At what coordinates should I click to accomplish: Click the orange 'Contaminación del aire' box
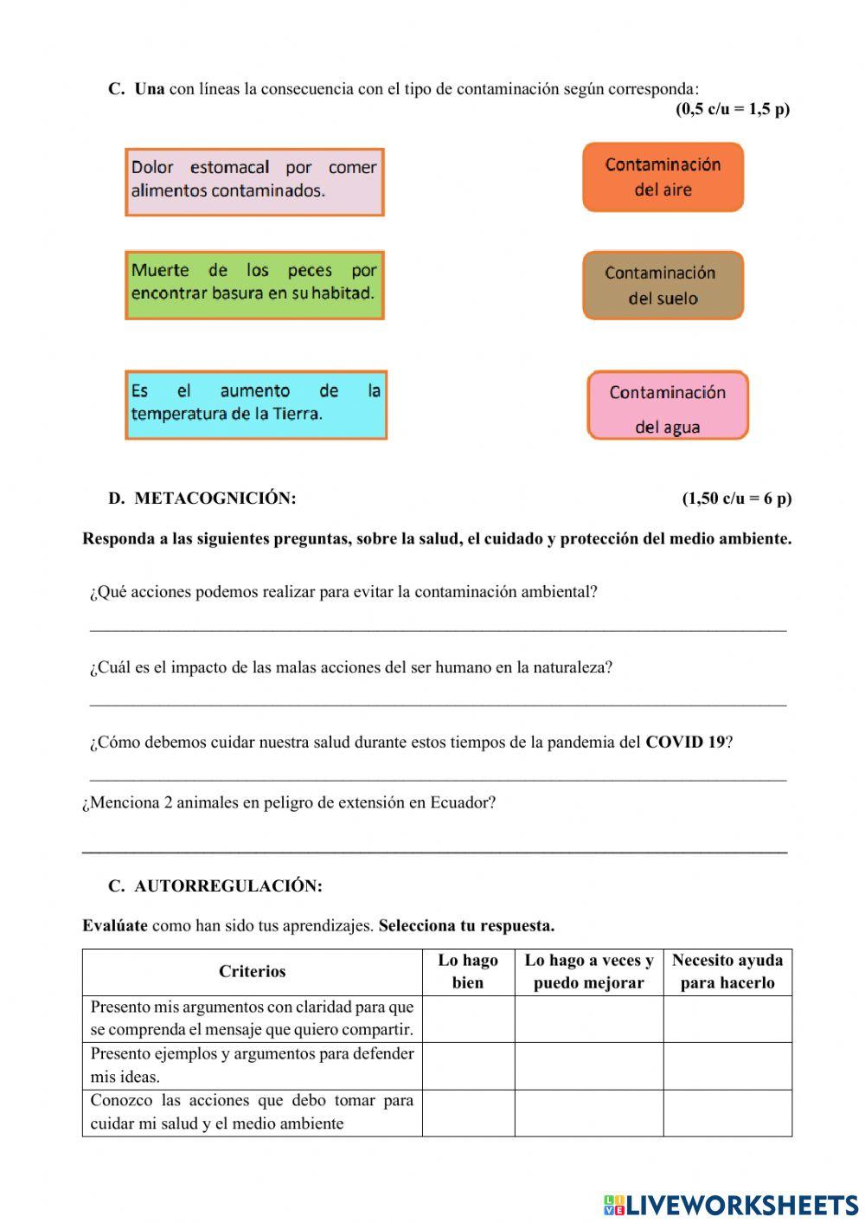663,177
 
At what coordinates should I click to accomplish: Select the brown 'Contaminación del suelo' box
663,286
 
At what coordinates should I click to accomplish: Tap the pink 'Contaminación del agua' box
667,406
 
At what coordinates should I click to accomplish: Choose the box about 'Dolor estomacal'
254,182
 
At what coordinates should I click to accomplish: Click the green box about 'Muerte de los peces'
254,286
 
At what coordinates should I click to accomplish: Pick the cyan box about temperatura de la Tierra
256,405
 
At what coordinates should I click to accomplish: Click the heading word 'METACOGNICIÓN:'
215,499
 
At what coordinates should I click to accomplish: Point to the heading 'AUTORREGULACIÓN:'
228,886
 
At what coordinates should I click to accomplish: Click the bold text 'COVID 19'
685,743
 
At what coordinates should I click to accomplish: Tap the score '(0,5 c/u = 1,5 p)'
732,109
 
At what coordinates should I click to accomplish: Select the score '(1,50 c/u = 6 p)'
736,499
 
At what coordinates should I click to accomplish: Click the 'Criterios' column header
252,971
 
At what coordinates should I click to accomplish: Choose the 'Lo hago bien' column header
468,971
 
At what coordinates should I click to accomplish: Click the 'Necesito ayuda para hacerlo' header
727,971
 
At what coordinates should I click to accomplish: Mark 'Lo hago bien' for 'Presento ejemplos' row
468,1065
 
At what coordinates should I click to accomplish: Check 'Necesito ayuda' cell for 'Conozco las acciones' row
727,1112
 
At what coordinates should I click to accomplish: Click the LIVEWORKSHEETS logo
730,1205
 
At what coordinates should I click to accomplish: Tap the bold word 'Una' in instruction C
149,89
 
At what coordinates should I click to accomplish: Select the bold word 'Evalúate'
115,926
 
